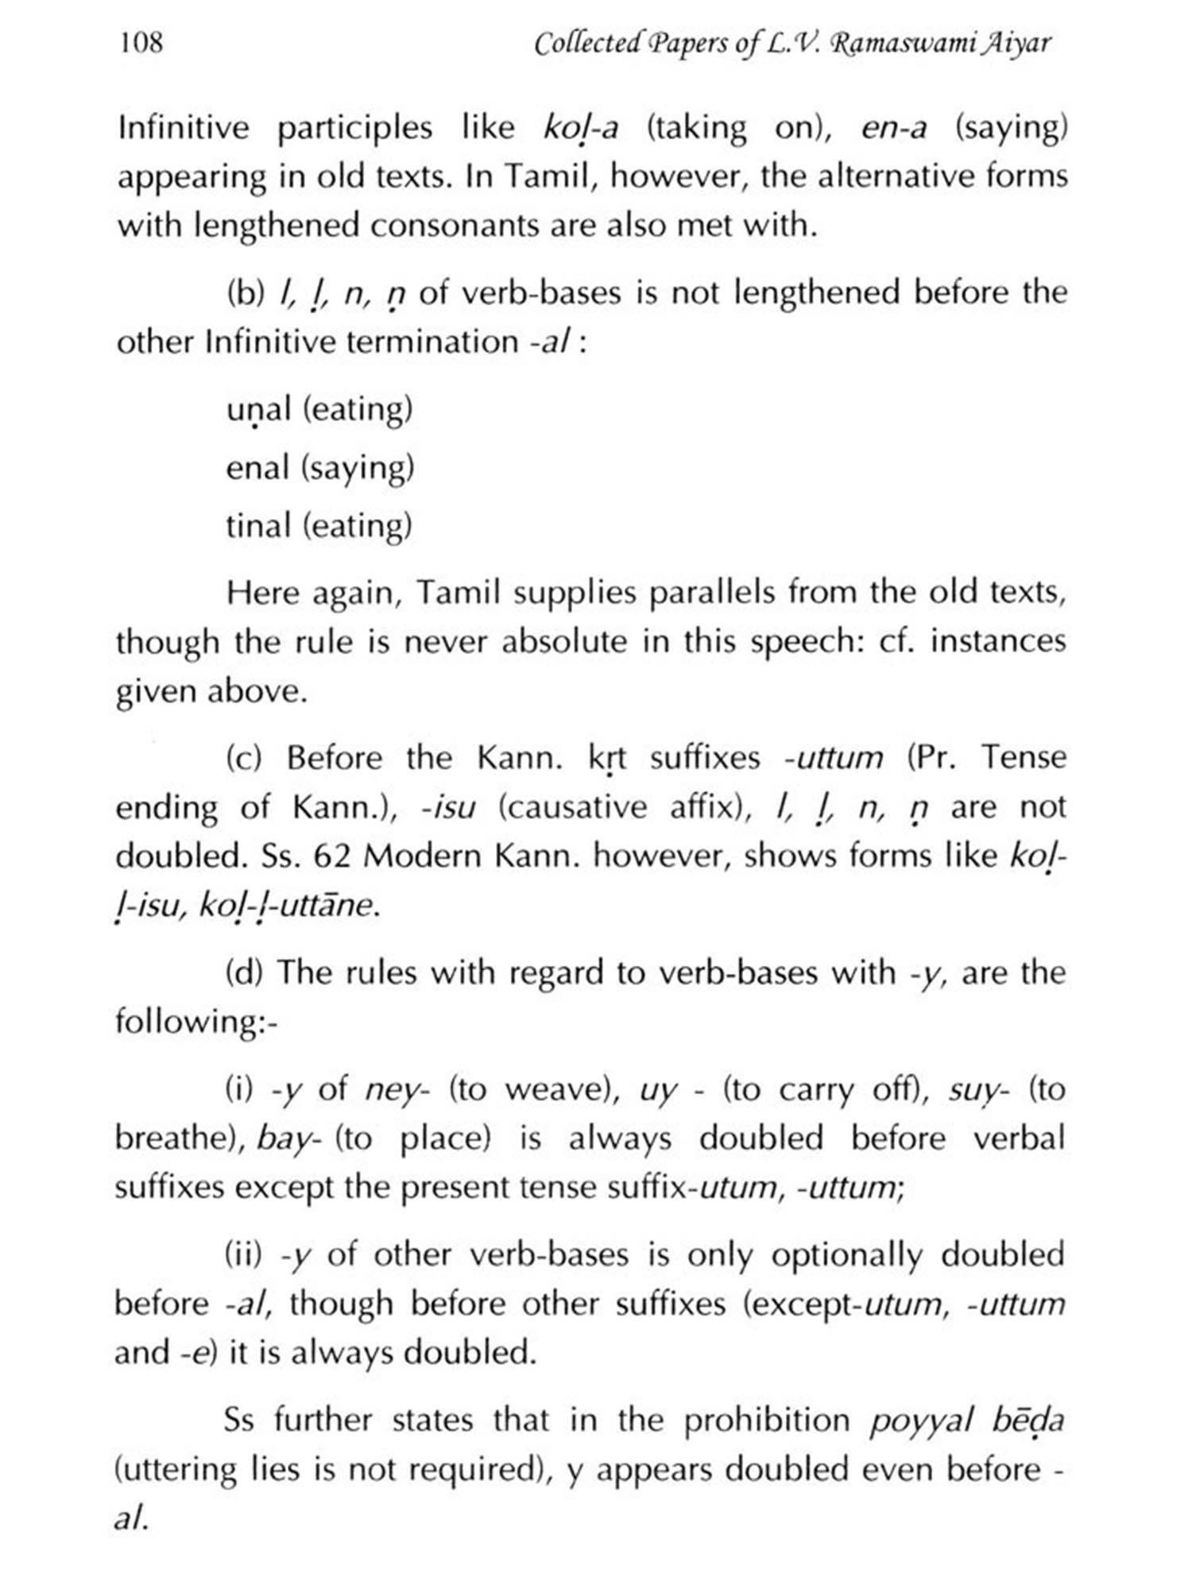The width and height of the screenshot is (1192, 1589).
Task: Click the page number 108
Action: pos(141,42)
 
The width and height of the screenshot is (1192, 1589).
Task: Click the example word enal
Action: pos(257,468)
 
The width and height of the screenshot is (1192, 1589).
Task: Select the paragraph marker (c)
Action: pos(244,759)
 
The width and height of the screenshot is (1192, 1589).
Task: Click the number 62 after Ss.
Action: pos(333,856)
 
